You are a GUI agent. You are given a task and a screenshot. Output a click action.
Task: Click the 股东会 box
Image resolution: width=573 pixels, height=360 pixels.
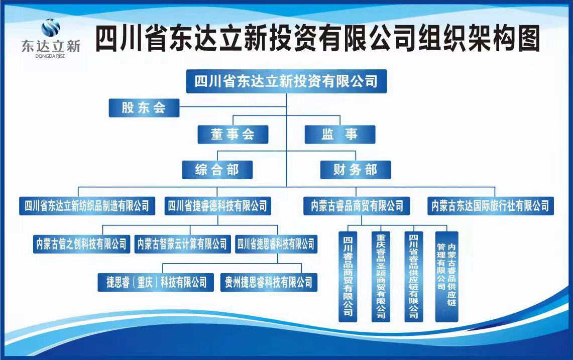click(x=144, y=108)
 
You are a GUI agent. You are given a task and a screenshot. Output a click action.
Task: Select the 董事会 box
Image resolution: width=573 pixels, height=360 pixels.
click(x=233, y=134)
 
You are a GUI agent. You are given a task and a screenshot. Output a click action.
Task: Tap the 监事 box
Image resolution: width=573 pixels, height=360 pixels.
click(x=340, y=134)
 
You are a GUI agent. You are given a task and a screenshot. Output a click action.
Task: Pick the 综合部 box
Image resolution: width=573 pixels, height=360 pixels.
click(x=217, y=170)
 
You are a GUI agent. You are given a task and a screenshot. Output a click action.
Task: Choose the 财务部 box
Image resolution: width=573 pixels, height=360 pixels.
click(x=356, y=170)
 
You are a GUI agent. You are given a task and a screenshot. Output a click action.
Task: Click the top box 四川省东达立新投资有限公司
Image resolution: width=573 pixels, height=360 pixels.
click(x=286, y=81)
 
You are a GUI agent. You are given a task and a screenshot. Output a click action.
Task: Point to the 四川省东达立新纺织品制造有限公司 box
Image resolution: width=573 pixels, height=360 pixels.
click(x=87, y=206)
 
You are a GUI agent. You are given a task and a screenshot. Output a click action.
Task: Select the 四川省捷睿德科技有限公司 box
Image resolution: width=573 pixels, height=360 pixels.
click(x=218, y=206)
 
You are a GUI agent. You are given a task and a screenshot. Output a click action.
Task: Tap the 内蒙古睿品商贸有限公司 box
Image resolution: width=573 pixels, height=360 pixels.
click(x=357, y=206)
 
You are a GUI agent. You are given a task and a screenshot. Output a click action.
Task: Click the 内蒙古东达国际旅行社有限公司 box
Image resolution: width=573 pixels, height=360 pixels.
click(x=491, y=206)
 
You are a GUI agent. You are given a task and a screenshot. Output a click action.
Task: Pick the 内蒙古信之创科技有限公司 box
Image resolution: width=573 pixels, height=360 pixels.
click(x=81, y=244)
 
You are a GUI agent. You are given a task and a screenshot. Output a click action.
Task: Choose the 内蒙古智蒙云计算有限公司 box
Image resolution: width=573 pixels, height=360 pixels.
click(x=182, y=244)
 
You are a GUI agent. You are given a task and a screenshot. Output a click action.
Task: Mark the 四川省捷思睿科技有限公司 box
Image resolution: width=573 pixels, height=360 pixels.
click(x=276, y=244)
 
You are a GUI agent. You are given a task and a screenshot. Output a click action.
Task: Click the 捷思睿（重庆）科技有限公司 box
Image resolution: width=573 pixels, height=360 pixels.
click(x=156, y=282)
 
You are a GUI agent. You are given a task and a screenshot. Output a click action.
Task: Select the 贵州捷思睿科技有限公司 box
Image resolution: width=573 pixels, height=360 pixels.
click(x=269, y=282)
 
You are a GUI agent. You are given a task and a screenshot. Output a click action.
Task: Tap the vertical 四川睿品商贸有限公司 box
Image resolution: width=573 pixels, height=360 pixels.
click(x=348, y=277)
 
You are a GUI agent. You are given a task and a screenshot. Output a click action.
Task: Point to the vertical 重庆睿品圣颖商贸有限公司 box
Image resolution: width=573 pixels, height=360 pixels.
click(x=381, y=277)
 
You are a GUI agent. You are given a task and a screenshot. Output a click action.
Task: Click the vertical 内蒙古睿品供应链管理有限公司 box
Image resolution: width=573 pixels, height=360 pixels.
click(x=446, y=277)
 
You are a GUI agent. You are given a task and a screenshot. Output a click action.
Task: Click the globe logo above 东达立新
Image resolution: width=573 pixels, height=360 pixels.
click(x=50, y=28)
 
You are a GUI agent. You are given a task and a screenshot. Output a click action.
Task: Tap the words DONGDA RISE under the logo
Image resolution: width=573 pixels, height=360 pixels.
click(x=50, y=56)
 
